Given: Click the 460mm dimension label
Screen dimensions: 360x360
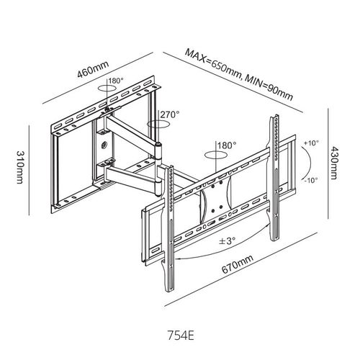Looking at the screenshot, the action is [x=93, y=69].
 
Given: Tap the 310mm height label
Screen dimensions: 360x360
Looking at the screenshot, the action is [x=20, y=167].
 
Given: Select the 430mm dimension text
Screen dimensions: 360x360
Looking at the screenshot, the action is [x=333, y=163].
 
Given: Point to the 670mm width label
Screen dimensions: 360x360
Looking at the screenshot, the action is [x=237, y=264].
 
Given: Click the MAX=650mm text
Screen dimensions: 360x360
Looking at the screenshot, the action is [x=212, y=63].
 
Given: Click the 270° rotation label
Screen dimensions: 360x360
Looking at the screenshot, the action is [x=170, y=114].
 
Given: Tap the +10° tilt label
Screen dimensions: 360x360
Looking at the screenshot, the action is [x=311, y=143].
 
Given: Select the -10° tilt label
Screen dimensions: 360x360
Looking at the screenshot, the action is [x=311, y=180].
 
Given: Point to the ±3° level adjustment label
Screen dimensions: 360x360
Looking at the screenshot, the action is [x=227, y=240].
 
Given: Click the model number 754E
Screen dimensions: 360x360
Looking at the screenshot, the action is [x=181, y=336].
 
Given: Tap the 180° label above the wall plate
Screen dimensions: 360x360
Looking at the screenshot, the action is [x=116, y=81].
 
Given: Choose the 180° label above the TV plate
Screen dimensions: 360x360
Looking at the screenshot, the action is [x=227, y=145].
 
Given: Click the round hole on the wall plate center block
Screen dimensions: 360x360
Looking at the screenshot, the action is [x=104, y=145].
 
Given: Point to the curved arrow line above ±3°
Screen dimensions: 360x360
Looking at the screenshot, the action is [x=222, y=252].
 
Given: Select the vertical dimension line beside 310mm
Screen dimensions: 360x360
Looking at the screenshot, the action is [x=29, y=171].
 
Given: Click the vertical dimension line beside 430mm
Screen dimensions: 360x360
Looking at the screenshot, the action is [x=328, y=163].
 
